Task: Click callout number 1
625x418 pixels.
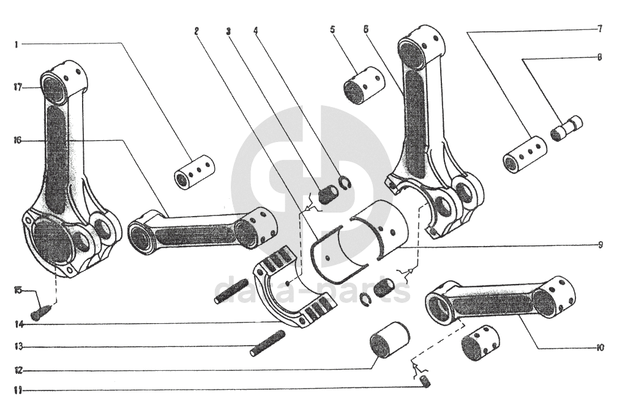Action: click(x=17, y=44)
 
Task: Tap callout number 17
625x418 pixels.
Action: click(x=18, y=88)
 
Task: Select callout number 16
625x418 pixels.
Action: click(x=18, y=140)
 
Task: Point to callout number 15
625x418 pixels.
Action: click(x=18, y=289)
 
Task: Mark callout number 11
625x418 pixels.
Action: click(x=18, y=390)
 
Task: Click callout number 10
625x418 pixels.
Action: click(x=600, y=348)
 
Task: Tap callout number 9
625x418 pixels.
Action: click(x=601, y=245)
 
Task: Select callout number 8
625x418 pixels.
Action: click(x=599, y=58)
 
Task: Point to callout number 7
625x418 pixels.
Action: click(x=600, y=29)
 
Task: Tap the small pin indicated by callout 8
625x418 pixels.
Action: click(x=567, y=127)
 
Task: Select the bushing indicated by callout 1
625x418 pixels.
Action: click(x=195, y=172)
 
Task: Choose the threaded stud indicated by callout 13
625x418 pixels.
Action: click(x=268, y=343)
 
